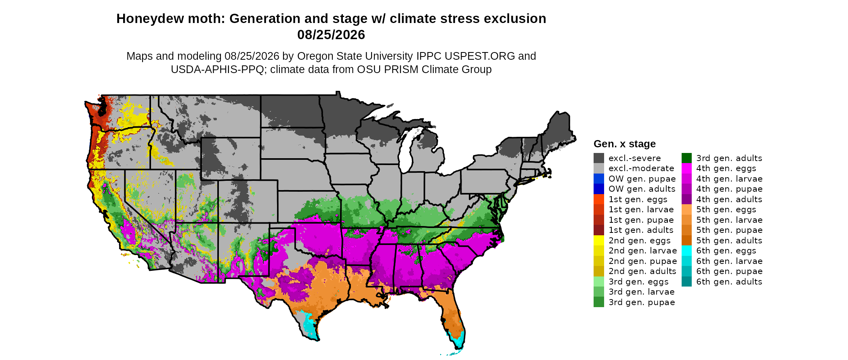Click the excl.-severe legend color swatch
coord(599,158)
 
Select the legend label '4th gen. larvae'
coord(729,179)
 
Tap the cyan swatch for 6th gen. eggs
coord(686,251)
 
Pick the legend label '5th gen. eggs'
coord(726,209)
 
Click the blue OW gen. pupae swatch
coord(599,179)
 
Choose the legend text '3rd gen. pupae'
coord(642,302)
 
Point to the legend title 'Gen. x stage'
coord(625,144)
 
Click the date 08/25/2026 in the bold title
coord(331,35)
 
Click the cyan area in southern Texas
coord(310,325)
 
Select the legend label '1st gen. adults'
coord(641,230)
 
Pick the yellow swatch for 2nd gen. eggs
coord(599,241)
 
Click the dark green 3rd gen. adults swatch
coord(686,158)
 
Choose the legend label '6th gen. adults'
coord(729,282)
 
